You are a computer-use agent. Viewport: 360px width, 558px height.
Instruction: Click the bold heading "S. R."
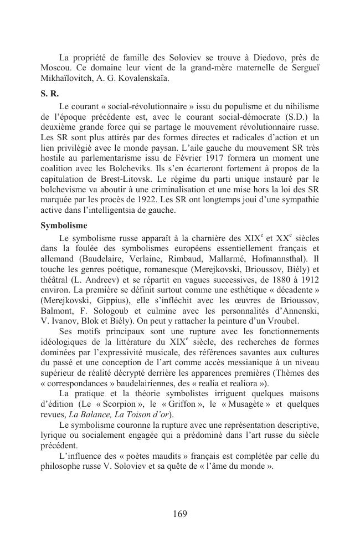point(50,93)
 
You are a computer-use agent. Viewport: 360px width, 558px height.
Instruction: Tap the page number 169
point(179,514)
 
